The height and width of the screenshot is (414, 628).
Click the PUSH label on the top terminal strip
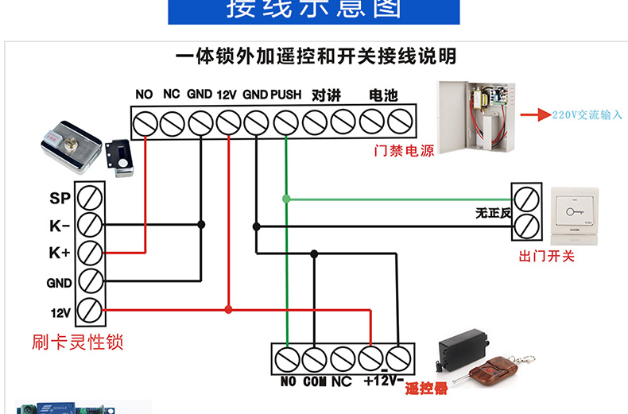[x=285, y=95]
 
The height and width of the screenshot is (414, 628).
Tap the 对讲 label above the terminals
[x=327, y=95]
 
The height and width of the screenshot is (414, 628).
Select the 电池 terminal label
[x=383, y=95]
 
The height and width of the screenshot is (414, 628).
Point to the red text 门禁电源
[x=404, y=150]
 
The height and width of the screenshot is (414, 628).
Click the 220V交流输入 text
[x=587, y=115]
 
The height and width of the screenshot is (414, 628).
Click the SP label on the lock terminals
[x=60, y=198]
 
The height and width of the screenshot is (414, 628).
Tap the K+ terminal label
[x=60, y=253]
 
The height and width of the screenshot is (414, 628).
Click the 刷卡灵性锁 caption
[x=77, y=342]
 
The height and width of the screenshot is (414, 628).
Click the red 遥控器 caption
[x=426, y=389]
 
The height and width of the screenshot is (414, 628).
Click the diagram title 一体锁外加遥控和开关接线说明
[x=316, y=57]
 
